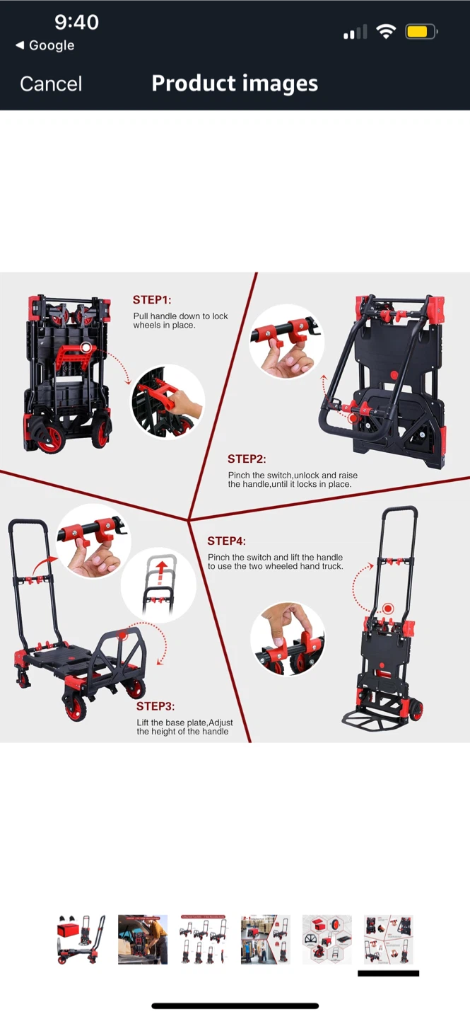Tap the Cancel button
[51, 84]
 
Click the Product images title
[235, 84]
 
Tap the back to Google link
[45, 45]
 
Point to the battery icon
[421, 32]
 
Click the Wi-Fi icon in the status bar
[386, 31]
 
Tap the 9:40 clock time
[76, 22]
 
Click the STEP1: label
[152, 300]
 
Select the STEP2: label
[247, 459]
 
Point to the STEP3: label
[155, 706]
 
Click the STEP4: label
[226, 541]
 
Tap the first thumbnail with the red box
[81, 940]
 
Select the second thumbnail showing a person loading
[143, 940]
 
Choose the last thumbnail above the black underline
[389, 940]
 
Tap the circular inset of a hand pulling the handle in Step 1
[168, 402]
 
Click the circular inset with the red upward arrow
[158, 585]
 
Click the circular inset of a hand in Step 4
[288, 639]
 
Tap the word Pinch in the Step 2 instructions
[239, 476]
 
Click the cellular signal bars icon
[356, 32]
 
